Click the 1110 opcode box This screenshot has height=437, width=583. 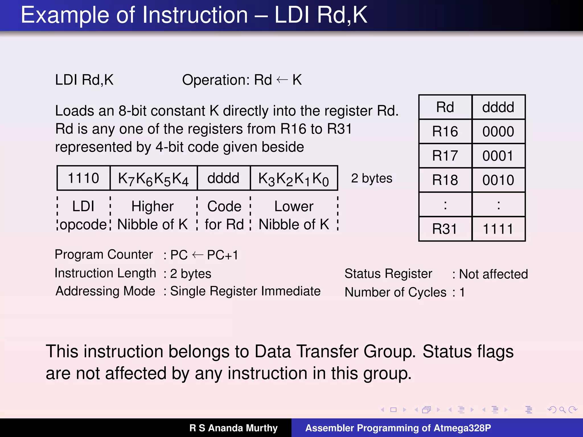pos(83,178)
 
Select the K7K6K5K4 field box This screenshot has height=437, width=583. pos(153,178)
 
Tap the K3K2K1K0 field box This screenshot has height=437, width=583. pos(294,178)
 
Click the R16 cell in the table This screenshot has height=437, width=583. pos(445,131)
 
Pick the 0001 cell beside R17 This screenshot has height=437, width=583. pos(498,156)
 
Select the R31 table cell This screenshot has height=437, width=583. pos(445,229)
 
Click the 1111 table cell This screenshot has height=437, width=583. pos(498,229)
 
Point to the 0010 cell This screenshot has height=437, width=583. pos(498,180)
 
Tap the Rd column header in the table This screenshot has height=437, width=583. pos(445,107)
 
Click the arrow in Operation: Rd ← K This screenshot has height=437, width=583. pos(282,80)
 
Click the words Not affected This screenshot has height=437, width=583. pos(493,274)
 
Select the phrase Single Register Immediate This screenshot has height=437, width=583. pos(245,291)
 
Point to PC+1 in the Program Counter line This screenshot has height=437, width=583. pos(222,255)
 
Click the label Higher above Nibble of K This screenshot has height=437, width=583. pos(153,206)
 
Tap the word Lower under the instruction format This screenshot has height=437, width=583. pos(294,206)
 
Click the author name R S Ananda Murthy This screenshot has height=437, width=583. pos(233,428)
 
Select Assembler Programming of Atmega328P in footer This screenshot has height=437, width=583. pos(398,428)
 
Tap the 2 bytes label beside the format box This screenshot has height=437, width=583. pos(371,178)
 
